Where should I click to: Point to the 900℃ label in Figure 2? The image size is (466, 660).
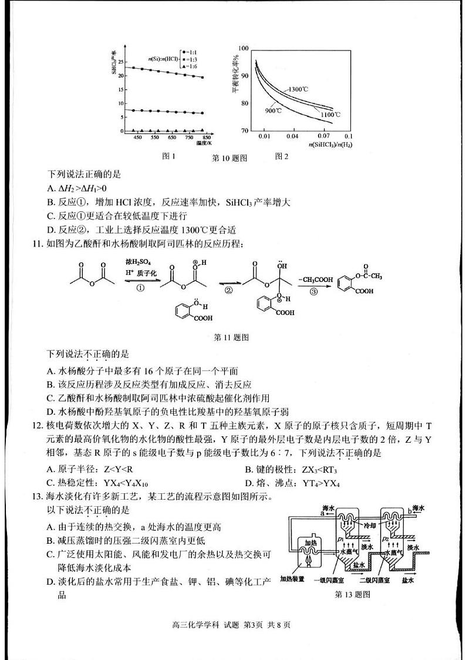point(273,110)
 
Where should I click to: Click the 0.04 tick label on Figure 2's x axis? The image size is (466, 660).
point(292,136)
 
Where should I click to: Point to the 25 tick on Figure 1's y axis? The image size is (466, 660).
point(121,62)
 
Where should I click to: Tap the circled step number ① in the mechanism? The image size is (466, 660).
point(140,288)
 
